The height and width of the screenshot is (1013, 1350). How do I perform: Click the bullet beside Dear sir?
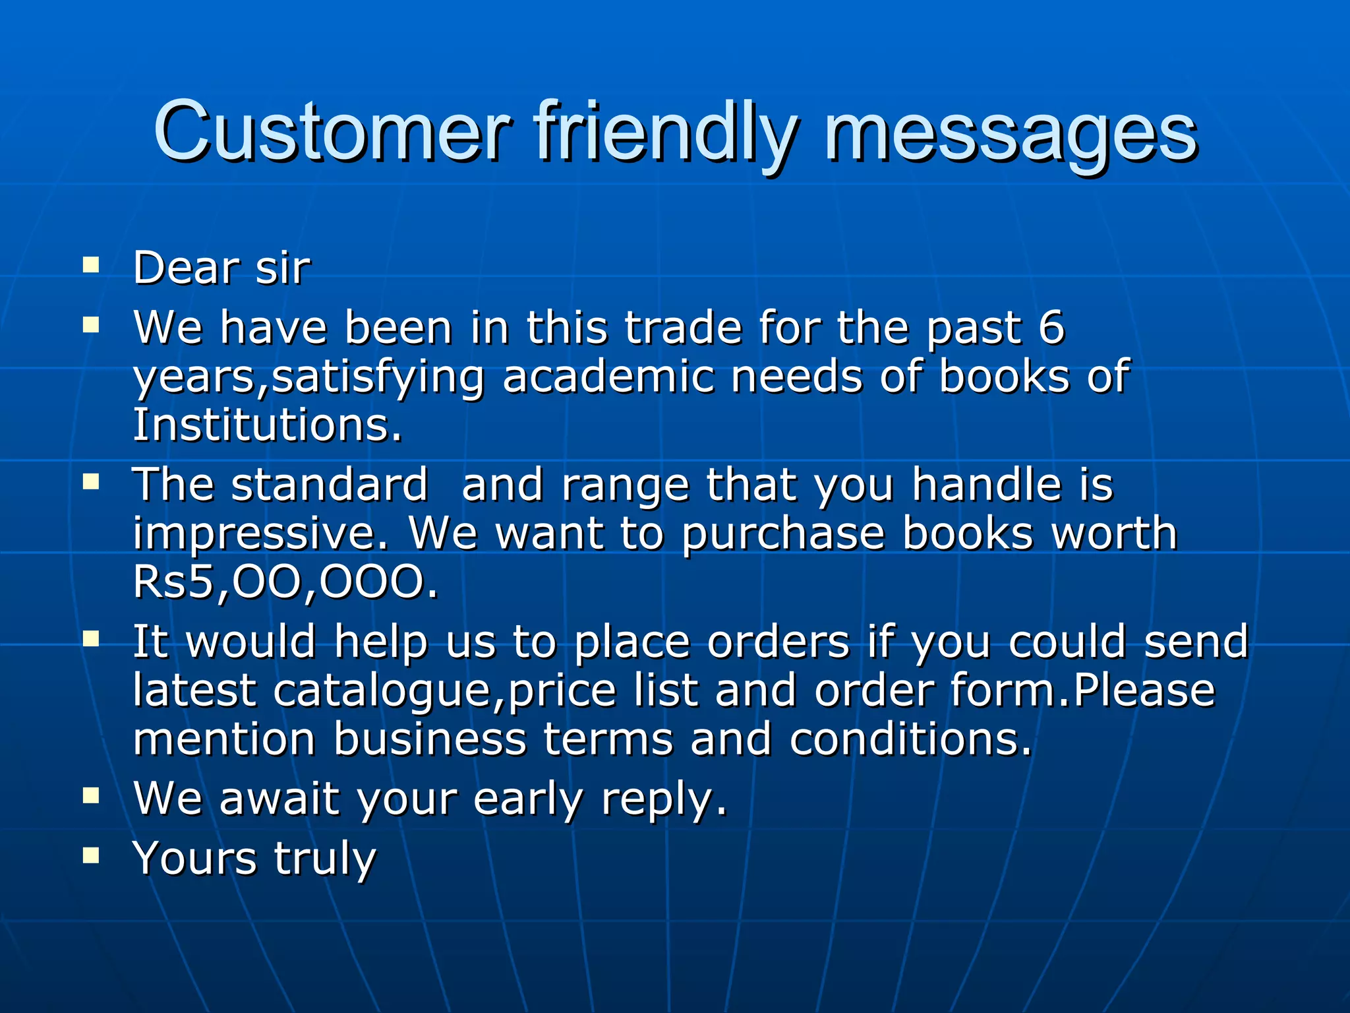[x=91, y=266]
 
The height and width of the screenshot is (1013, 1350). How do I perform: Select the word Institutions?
[x=266, y=425]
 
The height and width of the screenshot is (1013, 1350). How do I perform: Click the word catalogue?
[x=382, y=690]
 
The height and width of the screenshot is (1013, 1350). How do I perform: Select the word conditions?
[x=910, y=739]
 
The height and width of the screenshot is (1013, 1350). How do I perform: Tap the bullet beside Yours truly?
[x=91, y=855]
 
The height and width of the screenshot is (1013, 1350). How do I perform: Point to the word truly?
[x=325, y=859]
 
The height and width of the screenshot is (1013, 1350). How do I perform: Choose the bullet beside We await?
[x=91, y=795]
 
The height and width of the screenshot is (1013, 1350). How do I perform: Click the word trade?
[x=683, y=327]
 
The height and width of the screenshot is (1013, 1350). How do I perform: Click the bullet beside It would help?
[x=91, y=638]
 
